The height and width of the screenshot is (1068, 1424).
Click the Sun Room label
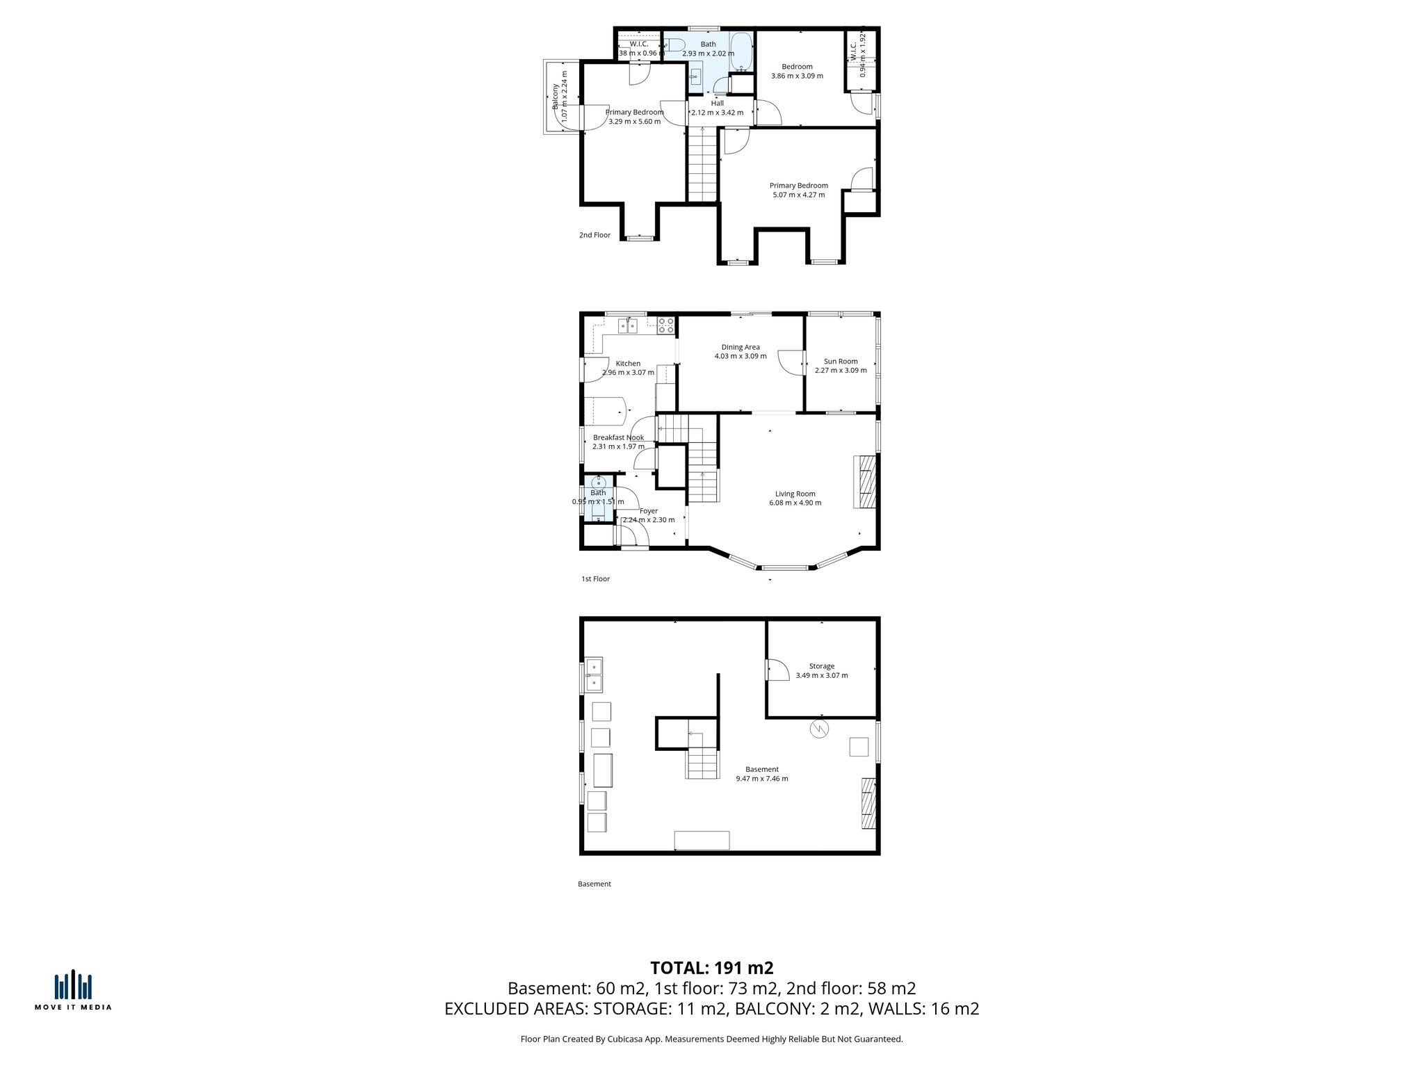pyautogui.click(x=841, y=362)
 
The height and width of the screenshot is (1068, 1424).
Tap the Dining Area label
pyautogui.click(x=741, y=347)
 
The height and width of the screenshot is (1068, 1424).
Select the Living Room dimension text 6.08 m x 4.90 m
pyautogui.click(x=795, y=503)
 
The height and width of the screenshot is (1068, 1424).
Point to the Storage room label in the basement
pyautogui.click(x=821, y=666)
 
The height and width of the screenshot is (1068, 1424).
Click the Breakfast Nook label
pyautogui.click(x=618, y=437)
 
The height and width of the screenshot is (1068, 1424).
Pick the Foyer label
pyautogui.click(x=649, y=511)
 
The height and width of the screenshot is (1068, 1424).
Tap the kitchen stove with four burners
pyautogui.click(x=666, y=325)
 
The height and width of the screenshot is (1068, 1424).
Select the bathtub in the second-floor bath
pyautogui.click(x=741, y=52)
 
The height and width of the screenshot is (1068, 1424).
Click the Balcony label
pyautogui.click(x=555, y=97)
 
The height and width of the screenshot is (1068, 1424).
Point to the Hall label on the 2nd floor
pyautogui.click(x=717, y=104)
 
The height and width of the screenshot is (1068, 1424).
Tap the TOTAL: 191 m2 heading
pyautogui.click(x=712, y=968)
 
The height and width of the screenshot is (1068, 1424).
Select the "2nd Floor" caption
pyautogui.click(x=594, y=235)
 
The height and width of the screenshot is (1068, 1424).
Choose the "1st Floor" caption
pyautogui.click(x=595, y=578)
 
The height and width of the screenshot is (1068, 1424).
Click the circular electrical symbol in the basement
pyautogui.click(x=820, y=729)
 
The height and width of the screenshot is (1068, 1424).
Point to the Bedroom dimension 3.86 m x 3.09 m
pyautogui.click(x=797, y=76)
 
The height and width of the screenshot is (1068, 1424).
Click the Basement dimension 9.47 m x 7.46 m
pyautogui.click(x=762, y=779)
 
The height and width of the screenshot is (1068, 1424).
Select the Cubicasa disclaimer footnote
pyautogui.click(x=711, y=1039)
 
